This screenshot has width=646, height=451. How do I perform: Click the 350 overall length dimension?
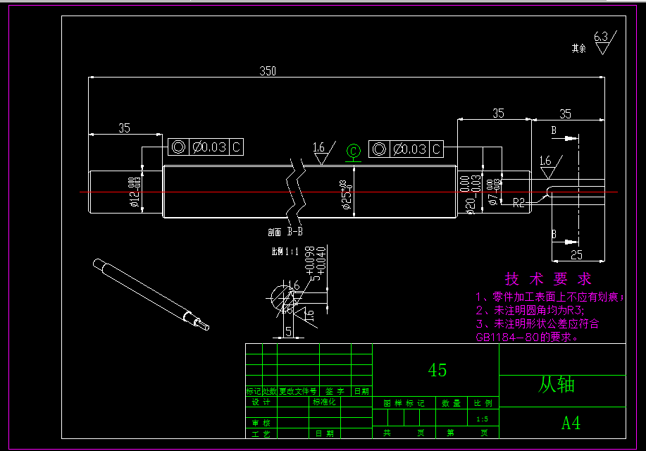point(268,71)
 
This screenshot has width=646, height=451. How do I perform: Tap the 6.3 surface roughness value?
point(601,37)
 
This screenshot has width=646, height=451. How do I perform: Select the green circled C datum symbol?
point(354,150)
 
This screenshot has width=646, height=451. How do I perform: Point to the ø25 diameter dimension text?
point(345,196)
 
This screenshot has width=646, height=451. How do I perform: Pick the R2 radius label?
point(518,203)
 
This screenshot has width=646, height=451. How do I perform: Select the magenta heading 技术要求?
point(549,279)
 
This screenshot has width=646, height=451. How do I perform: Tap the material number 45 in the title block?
point(437,370)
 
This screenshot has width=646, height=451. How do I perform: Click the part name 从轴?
point(557,385)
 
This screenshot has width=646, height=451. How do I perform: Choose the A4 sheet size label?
point(571,424)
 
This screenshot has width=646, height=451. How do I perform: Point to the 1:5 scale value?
point(482,419)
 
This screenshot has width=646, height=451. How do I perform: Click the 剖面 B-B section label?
point(285,231)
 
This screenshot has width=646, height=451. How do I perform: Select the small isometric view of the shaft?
point(151,294)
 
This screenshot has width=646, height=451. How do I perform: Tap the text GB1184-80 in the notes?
point(508,337)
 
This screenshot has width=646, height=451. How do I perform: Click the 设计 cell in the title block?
point(261,402)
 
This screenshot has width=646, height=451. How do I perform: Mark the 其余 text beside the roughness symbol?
point(578,49)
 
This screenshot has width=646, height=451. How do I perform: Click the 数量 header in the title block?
point(451,404)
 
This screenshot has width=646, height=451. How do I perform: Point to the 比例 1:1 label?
point(285,251)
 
